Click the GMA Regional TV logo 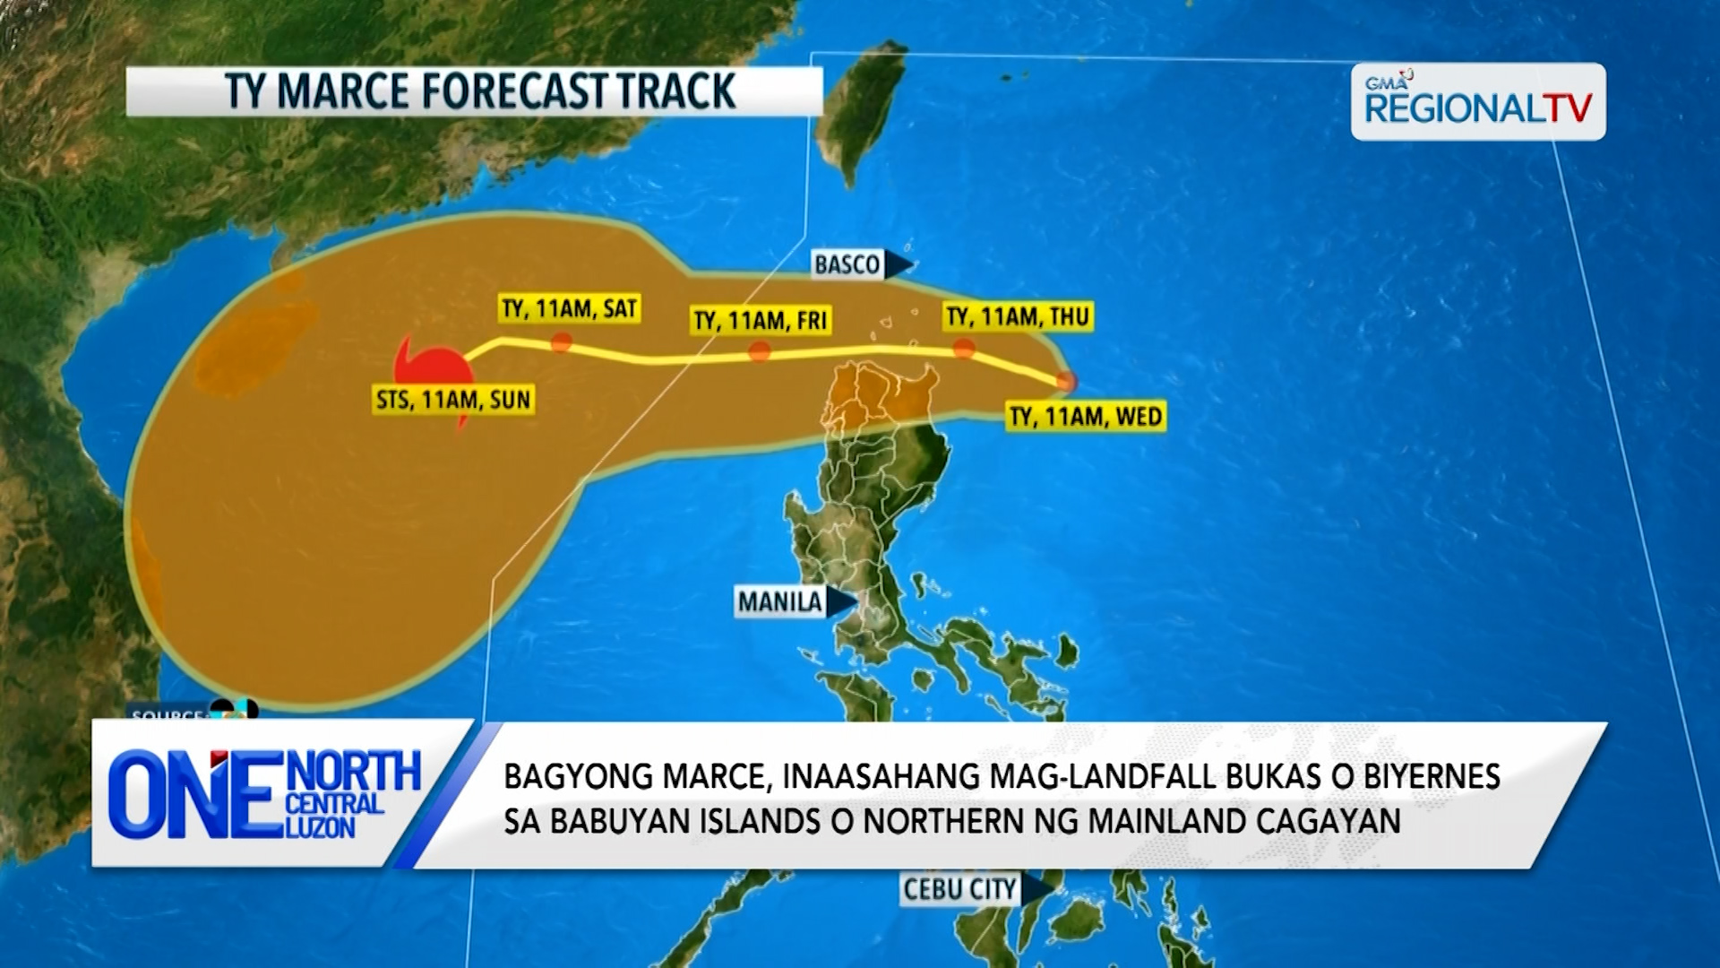[x=1477, y=102]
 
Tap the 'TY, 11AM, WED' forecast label [x=1086, y=417]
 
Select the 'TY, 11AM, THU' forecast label [x=1017, y=316]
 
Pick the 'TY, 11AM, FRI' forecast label [x=761, y=320]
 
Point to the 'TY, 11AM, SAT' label [x=569, y=309]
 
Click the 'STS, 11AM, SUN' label [x=453, y=399]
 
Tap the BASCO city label [x=847, y=264]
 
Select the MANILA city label [x=779, y=601]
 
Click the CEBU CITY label [x=959, y=889]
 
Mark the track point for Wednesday [x=1065, y=382]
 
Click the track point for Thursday [x=964, y=349]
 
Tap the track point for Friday [x=760, y=351]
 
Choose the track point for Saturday [x=562, y=342]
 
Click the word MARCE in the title [x=345, y=91]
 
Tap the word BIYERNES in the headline [x=1432, y=776]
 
